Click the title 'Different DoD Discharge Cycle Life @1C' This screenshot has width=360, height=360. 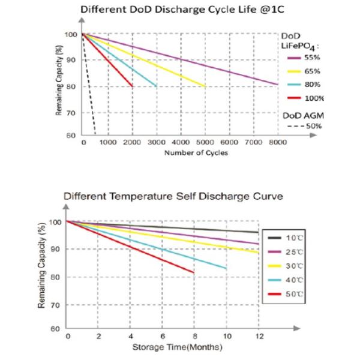(180, 10)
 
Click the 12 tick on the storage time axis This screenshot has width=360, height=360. (259, 335)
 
